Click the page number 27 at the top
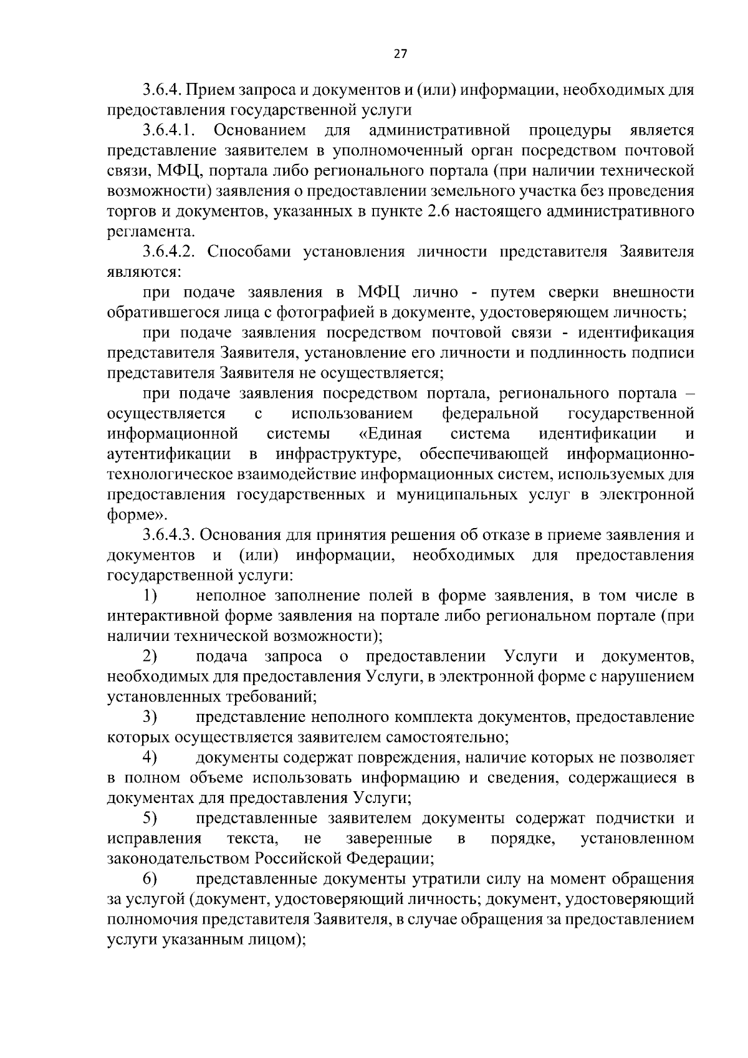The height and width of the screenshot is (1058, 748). pyautogui.click(x=400, y=54)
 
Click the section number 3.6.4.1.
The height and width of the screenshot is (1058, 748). pyautogui.click(x=170, y=130)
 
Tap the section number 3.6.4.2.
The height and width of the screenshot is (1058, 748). pyautogui.click(x=170, y=252)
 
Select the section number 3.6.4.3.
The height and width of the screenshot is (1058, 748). pyautogui.click(x=170, y=535)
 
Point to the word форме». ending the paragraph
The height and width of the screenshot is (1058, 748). pyautogui.click(x=137, y=515)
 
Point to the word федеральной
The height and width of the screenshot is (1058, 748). pyautogui.click(x=490, y=414)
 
